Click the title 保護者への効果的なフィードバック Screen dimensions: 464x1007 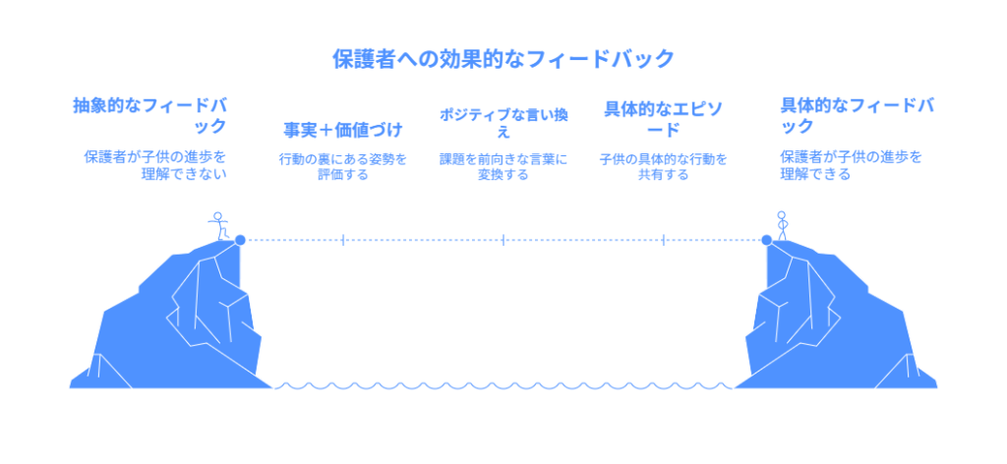click(503, 59)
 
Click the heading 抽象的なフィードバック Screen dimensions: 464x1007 click(149, 115)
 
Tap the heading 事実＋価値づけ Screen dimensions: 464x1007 click(343, 129)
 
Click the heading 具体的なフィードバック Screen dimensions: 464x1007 click(856, 115)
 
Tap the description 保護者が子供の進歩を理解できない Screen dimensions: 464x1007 click(155, 165)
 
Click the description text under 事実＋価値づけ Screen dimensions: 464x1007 click(343, 166)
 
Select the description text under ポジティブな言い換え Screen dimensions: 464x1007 click(503, 166)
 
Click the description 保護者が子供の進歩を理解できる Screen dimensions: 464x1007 click(852, 165)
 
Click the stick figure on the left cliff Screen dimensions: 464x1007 click(219, 224)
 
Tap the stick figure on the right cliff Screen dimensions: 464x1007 click(783, 224)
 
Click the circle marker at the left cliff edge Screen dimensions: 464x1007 click(240, 239)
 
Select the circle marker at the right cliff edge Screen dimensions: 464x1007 click(766, 239)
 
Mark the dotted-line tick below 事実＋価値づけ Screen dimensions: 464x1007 click(343, 239)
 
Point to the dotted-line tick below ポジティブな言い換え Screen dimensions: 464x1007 click(503, 239)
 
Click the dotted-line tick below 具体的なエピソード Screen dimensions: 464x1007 click(664, 239)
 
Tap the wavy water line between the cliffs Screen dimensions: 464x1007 click(503, 385)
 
